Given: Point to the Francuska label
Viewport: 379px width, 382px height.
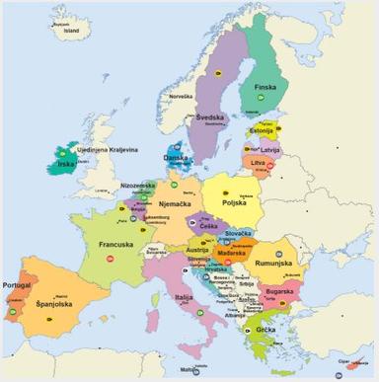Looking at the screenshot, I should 115,244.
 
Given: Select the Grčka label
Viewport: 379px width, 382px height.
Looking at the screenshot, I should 265,330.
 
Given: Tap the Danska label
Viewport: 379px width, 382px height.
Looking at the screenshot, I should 176,157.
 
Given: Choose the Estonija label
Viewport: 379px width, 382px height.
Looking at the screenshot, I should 261,130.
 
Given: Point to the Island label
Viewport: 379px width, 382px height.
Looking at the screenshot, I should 71,30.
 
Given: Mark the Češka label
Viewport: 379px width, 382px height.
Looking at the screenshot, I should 208,226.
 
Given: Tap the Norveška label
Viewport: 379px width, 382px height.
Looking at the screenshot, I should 181,96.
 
